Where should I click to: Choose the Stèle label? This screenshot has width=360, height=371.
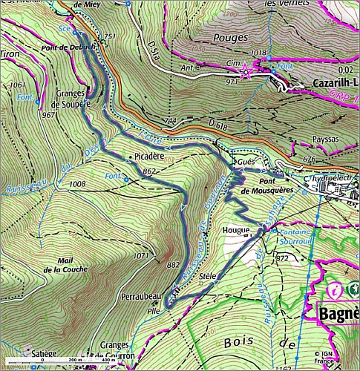pos(209,276)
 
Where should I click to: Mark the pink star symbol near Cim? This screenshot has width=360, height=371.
pos(246,71)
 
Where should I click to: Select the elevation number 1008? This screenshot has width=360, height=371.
pos(76,183)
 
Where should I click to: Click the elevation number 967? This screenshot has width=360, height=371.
pos(50,115)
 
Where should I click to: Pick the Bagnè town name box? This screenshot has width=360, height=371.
pos(338,312)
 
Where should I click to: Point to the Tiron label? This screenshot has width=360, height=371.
pos(10,54)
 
